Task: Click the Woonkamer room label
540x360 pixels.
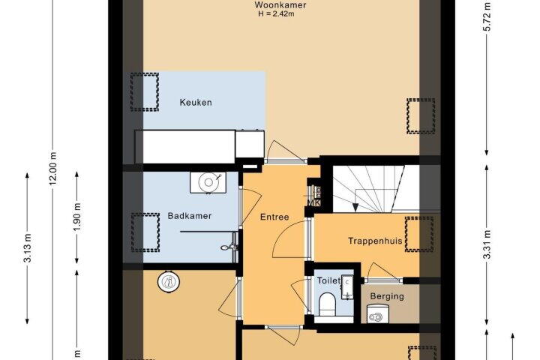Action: click(280, 5)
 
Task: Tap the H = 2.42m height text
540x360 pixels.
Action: click(276, 14)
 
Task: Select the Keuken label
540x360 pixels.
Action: click(196, 102)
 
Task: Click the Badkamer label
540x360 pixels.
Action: click(190, 216)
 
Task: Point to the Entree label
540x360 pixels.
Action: click(274, 217)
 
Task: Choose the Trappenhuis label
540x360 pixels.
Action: click(375, 241)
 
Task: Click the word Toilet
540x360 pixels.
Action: click(329, 280)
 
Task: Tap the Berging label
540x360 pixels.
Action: click(387, 296)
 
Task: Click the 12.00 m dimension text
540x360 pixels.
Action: click(53, 169)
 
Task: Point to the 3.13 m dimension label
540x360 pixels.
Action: click(28, 248)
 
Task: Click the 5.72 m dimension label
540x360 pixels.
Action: click(487, 17)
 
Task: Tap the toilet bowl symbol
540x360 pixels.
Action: click(327, 304)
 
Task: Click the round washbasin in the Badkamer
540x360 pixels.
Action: click(208, 182)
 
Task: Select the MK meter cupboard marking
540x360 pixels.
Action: click(313, 202)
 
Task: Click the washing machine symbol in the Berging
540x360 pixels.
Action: click(375, 314)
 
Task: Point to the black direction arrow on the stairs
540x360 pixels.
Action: click(355, 207)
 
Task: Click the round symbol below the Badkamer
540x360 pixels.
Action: click(169, 282)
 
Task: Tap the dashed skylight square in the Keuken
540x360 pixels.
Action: click(145, 92)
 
